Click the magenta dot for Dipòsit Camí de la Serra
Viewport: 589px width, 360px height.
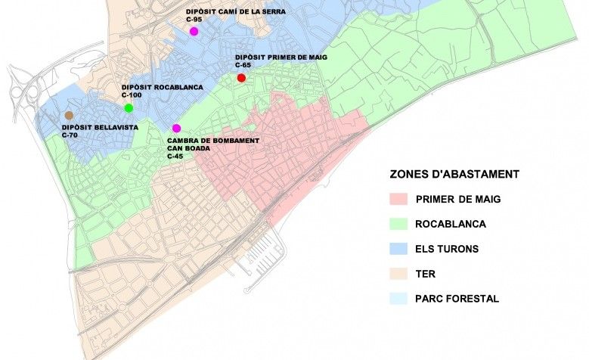[x=194, y=31]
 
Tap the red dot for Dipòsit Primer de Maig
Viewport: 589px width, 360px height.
[x=241, y=78]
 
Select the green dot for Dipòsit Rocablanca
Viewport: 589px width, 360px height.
[x=129, y=108]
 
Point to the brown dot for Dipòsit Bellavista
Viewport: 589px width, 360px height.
[x=69, y=115]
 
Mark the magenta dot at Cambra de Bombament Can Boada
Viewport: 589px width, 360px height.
[x=177, y=128]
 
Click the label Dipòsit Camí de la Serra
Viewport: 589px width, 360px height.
[x=235, y=11]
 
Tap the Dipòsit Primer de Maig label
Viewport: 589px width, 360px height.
[x=281, y=57]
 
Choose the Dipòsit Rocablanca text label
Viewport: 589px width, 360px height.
[x=162, y=88]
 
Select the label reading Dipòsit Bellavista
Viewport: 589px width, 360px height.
[x=100, y=127]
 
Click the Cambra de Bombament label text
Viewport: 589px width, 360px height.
[x=213, y=141]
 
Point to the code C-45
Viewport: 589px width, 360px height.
[x=175, y=156]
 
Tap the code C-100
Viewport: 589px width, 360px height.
[x=132, y=95]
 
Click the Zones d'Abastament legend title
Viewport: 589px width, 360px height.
[x=454, y=174]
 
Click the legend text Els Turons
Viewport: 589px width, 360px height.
[x=447, y=249]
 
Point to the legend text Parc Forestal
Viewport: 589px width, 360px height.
[x=457, y=299]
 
